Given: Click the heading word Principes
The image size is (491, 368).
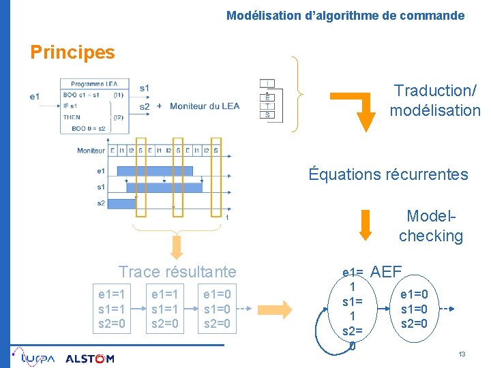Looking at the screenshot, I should pyautogui.click(x=73, y=52).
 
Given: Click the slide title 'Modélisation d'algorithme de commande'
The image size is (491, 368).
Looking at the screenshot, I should pyautogui.click(x=345, y=15).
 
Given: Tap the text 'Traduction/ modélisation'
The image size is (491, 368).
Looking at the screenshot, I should pyautogui.click(x=435, y=100).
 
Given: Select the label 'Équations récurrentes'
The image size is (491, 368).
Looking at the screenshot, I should pyautogui.click(x=388, y=174).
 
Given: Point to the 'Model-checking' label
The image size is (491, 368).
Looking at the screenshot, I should pyautogui.click(x=430, y=226).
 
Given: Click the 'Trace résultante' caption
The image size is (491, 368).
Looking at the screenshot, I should pyautogui.click(x=177, y=271).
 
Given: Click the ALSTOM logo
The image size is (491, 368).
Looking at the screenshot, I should pyautogui.click(x=90, y=358).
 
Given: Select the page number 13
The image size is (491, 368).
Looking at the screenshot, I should pyautogui.click(x=462, y=355).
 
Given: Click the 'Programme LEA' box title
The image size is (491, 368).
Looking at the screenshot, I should pyautogui.click(x=94, y=84).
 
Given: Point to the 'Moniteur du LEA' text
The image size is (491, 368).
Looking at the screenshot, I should pyautogui.click(x=205, y=106).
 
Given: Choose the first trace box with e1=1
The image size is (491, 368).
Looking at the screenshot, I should pyautogui.click(x=112, y=309).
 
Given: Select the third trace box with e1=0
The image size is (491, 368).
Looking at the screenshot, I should pyautogui.click(x=218, y=309).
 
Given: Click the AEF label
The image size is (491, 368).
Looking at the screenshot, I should pyautogui.click(x=386, y=271).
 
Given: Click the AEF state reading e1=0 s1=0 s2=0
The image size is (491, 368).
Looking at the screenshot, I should pyautogui.click(x=414, y=309).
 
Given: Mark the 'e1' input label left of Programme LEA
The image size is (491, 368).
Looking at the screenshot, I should pyautogui.click(x=35, y=97).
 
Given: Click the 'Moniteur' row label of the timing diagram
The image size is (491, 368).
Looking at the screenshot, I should pyautogui.click(x=91, y=150).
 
